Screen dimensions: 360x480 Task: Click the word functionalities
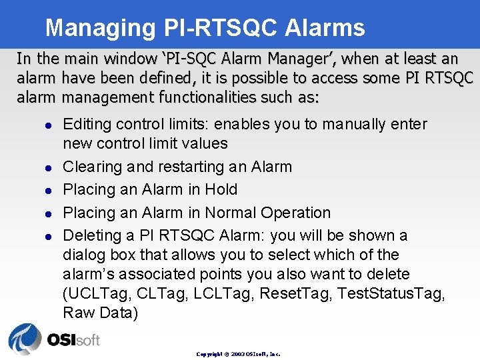(x=212, y=97)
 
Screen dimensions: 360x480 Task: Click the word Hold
(x=221, y=190)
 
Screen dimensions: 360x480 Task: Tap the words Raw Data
(x=100, y=313)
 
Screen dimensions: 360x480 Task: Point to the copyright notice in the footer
(x=239, y=354)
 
